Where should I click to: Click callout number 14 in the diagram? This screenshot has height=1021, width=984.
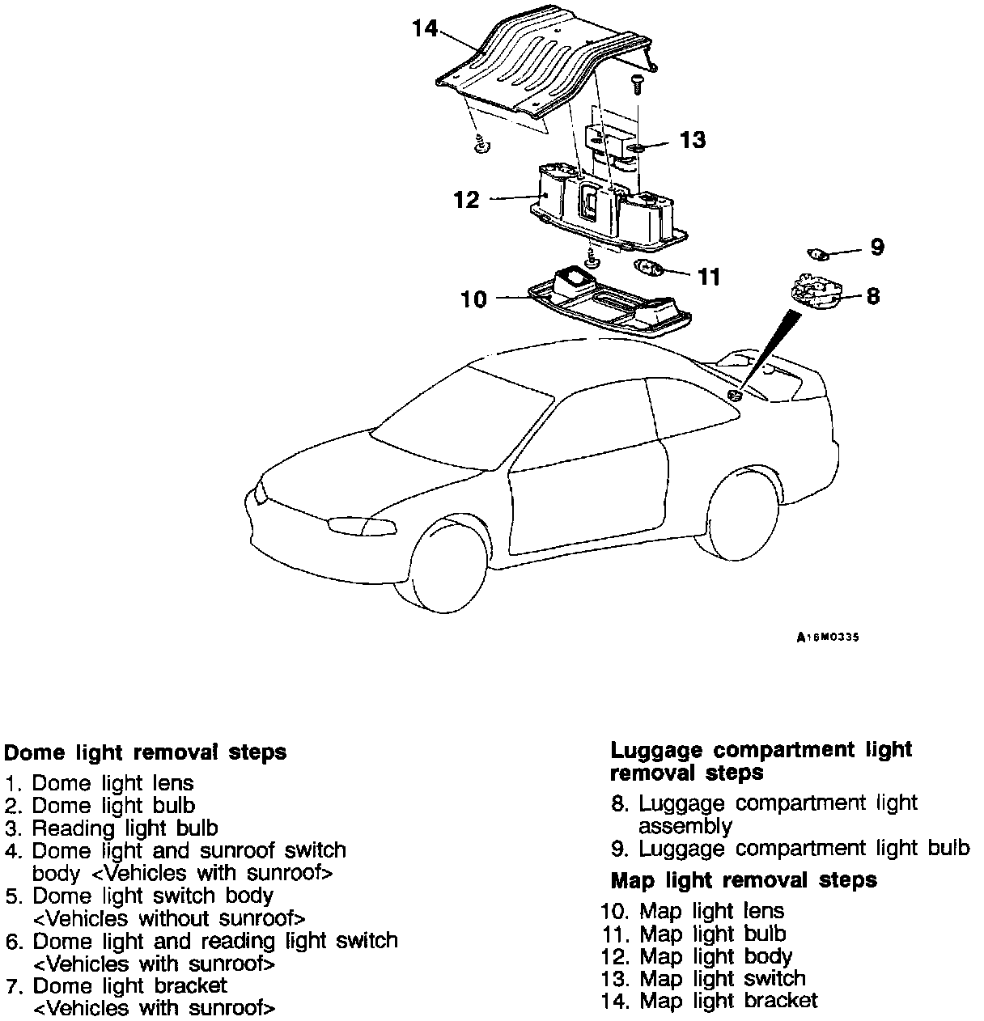424,29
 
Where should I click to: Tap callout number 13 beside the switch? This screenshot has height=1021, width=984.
692,140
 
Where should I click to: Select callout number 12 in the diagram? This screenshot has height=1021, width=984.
467,199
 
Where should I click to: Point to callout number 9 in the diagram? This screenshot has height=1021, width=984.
877,247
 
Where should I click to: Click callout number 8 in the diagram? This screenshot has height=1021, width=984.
872,296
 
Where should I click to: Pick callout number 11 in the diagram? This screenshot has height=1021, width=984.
709,277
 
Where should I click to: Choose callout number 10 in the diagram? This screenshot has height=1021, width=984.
474,299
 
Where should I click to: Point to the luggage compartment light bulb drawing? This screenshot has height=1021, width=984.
820,256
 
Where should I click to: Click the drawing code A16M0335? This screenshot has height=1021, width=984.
827,638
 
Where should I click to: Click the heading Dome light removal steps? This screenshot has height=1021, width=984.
146,752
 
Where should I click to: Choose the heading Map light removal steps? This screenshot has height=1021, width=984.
744,879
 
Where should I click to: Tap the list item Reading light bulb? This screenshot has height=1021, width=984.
125,828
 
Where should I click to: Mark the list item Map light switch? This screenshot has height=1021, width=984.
723,978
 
